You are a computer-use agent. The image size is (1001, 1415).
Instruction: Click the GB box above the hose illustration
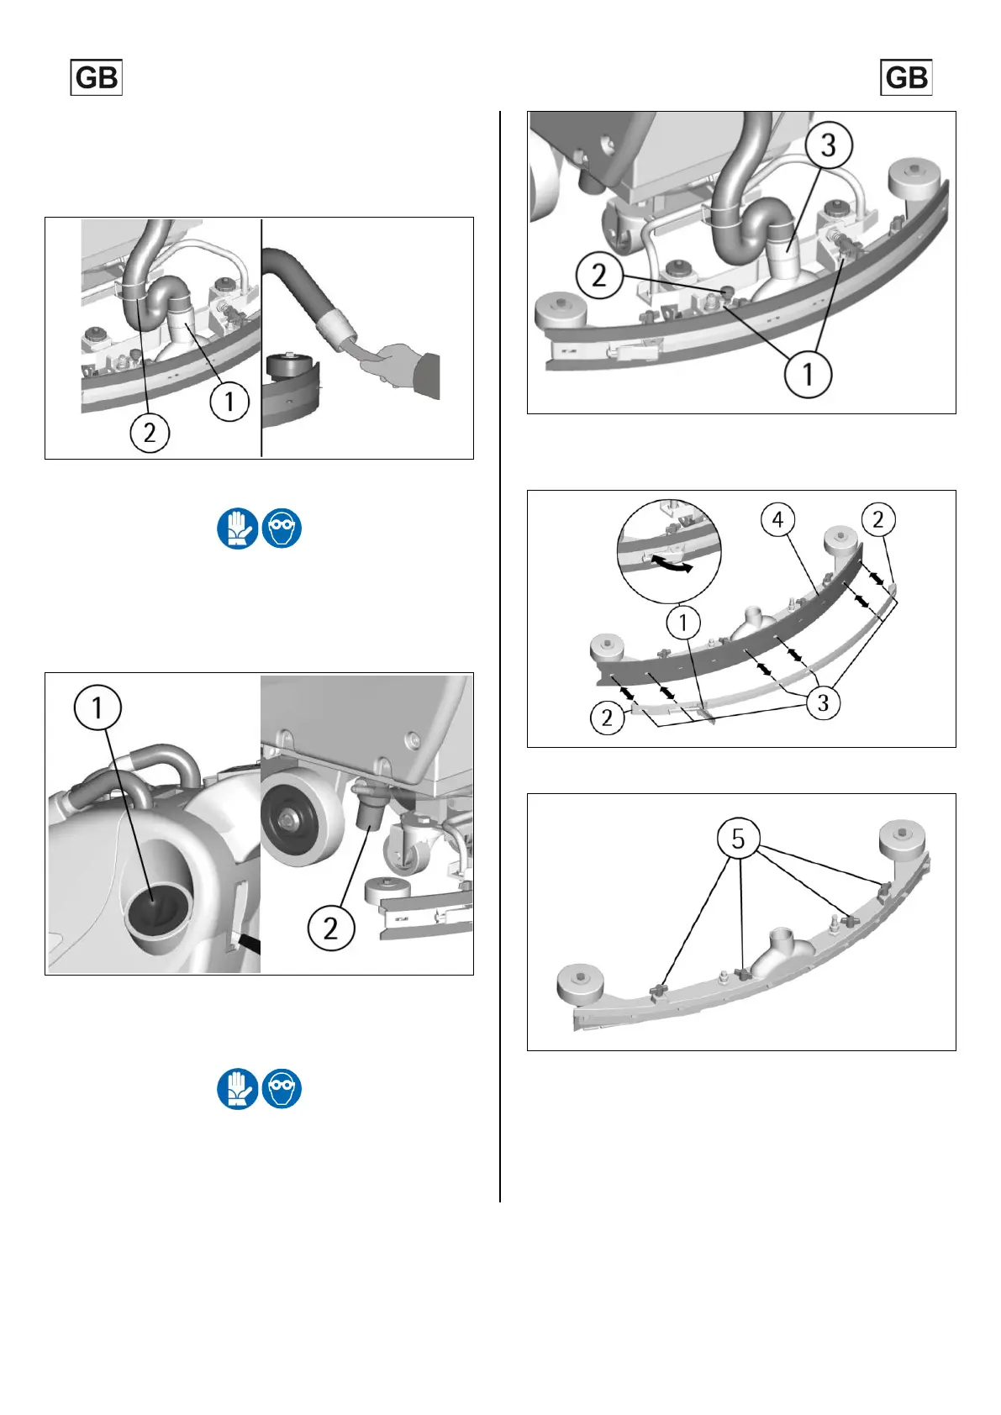click(96, 77)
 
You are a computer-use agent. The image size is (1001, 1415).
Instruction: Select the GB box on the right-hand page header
click(906, 77)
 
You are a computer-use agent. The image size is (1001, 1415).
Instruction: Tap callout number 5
click(738, 839)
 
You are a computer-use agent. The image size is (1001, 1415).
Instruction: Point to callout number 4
click(778, 520)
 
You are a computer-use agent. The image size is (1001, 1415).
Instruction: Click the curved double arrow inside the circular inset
click(672, 564)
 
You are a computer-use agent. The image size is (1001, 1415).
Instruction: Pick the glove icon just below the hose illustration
click(237, 528)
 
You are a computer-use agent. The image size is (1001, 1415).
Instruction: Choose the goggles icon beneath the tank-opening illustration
click(282, 1088)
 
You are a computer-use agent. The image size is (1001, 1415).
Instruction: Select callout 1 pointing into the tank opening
click(97, 708)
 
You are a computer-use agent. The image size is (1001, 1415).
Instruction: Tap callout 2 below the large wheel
click(330, 928)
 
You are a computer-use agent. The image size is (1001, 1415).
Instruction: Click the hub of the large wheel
click(289, 821)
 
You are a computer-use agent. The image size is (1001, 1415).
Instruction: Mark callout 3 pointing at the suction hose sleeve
click(829, 145)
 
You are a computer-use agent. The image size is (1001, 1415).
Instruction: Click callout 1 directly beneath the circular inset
click(683, 623)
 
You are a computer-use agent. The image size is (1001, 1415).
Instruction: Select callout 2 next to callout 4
click(877, 520)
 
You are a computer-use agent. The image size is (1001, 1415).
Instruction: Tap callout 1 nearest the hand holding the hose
click(229, 402)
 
